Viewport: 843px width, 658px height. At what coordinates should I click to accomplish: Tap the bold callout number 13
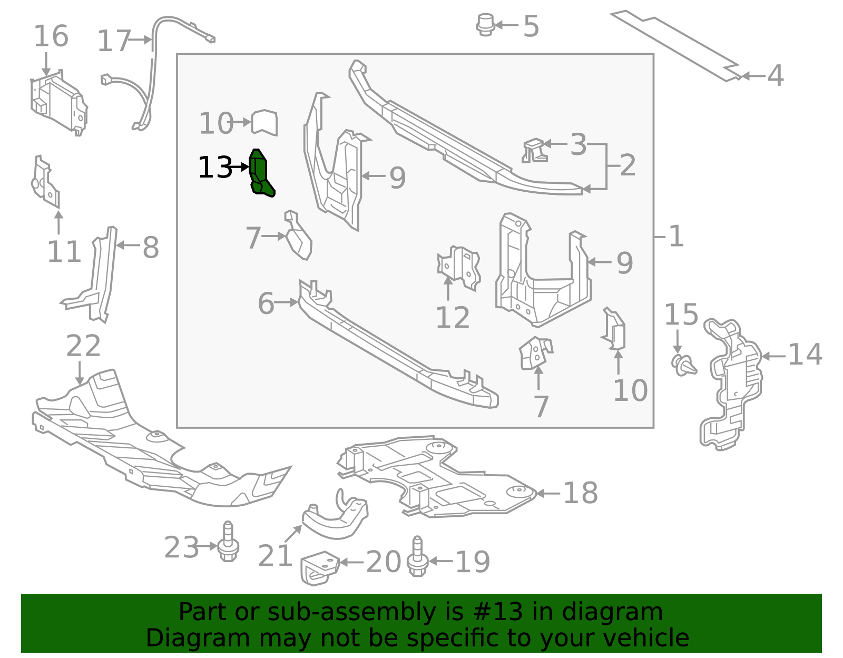tap(215, 168)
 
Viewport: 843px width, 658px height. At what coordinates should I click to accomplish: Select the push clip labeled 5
tap(485, 25)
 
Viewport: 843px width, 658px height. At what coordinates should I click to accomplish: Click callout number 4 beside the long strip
tap(775, 76)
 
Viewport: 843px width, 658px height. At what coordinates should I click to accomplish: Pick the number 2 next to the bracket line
tap(628, 165)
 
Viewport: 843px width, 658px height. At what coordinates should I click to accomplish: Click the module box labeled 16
tap(58, 103)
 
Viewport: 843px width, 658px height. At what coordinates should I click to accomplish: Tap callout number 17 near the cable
tap(114, 41)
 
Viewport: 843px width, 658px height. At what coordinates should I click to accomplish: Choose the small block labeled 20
tap(319, 567)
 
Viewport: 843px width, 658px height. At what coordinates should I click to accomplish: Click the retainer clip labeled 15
tap(684, 365)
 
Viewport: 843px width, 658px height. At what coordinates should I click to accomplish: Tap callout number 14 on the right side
tap(805, 355)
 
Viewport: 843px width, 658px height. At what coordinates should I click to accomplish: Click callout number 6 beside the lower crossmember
tap(266, 304)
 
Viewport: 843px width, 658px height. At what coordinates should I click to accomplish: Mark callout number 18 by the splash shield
tap(580, 493)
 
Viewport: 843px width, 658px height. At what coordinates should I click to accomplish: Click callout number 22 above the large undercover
tap(83, 346)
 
